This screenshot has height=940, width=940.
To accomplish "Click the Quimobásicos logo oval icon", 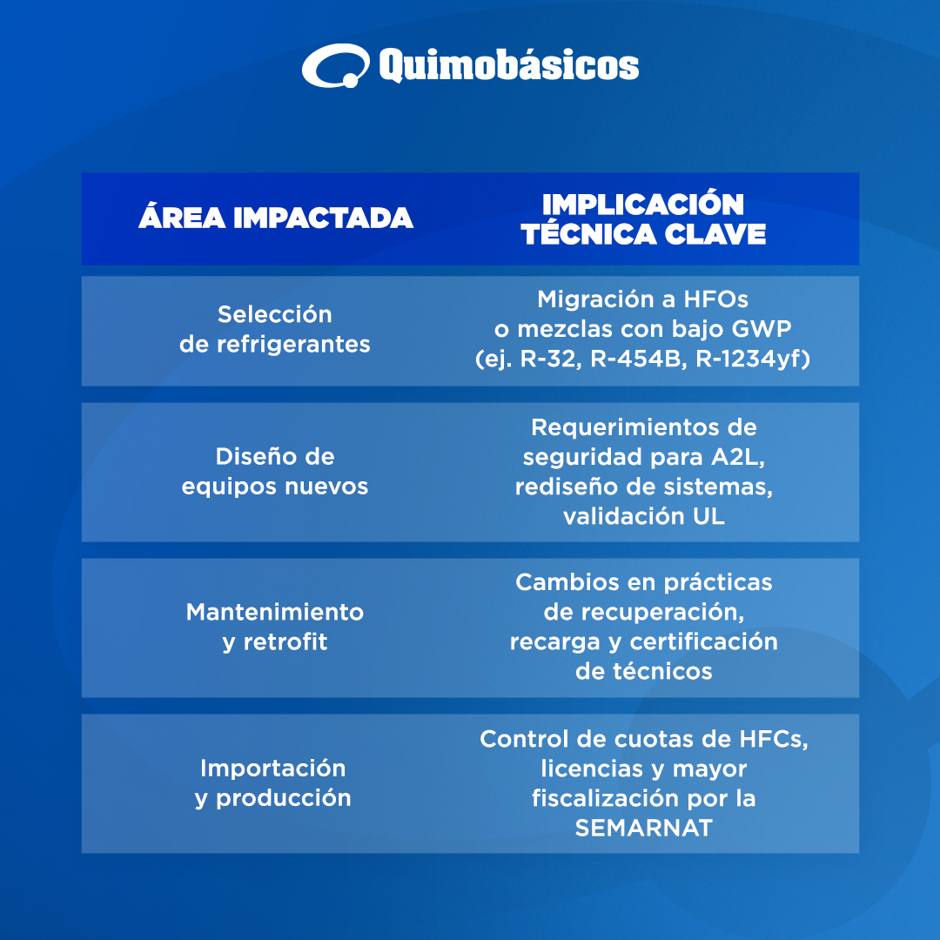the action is coord(336,65).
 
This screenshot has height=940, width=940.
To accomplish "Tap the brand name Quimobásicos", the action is coord(509,65).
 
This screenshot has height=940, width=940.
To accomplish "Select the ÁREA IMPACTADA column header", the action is coord(276,217).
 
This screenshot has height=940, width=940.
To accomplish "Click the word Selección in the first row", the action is coord(274,314).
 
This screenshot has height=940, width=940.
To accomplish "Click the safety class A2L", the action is coord(737,457).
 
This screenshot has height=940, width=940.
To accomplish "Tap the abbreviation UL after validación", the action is coord(709,516).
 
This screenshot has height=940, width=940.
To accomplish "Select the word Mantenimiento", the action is coord(274,612).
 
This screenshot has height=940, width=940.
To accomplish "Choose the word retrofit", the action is coord(285,641).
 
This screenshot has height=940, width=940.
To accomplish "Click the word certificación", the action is coord(704,641).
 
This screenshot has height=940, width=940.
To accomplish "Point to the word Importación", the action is coord(272,768).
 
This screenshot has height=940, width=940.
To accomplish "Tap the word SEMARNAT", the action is coord(644,828).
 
